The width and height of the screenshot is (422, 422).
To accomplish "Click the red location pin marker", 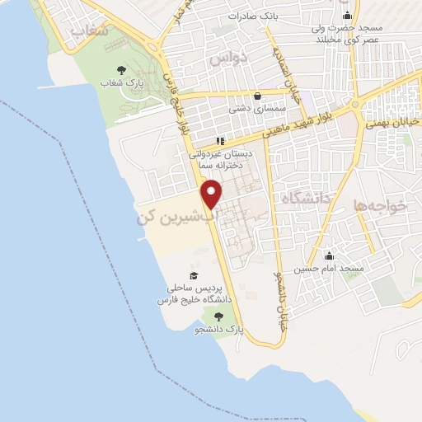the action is pos(213,194).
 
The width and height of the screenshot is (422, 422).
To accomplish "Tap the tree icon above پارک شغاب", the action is pos(122,71).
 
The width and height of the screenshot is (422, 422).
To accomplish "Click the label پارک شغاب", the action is pos(129,83).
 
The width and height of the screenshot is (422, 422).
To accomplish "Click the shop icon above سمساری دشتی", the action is pos(258,95).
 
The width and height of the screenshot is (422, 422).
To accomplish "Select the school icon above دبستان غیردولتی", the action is pos(219,140).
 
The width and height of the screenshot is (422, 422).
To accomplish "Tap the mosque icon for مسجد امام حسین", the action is pos(330,256).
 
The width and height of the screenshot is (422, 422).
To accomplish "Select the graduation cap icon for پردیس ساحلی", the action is pos(194,276).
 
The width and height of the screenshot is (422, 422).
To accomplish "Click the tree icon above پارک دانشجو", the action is pos(218,316).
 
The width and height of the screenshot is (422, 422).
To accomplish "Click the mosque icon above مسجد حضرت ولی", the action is pos(347,14).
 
